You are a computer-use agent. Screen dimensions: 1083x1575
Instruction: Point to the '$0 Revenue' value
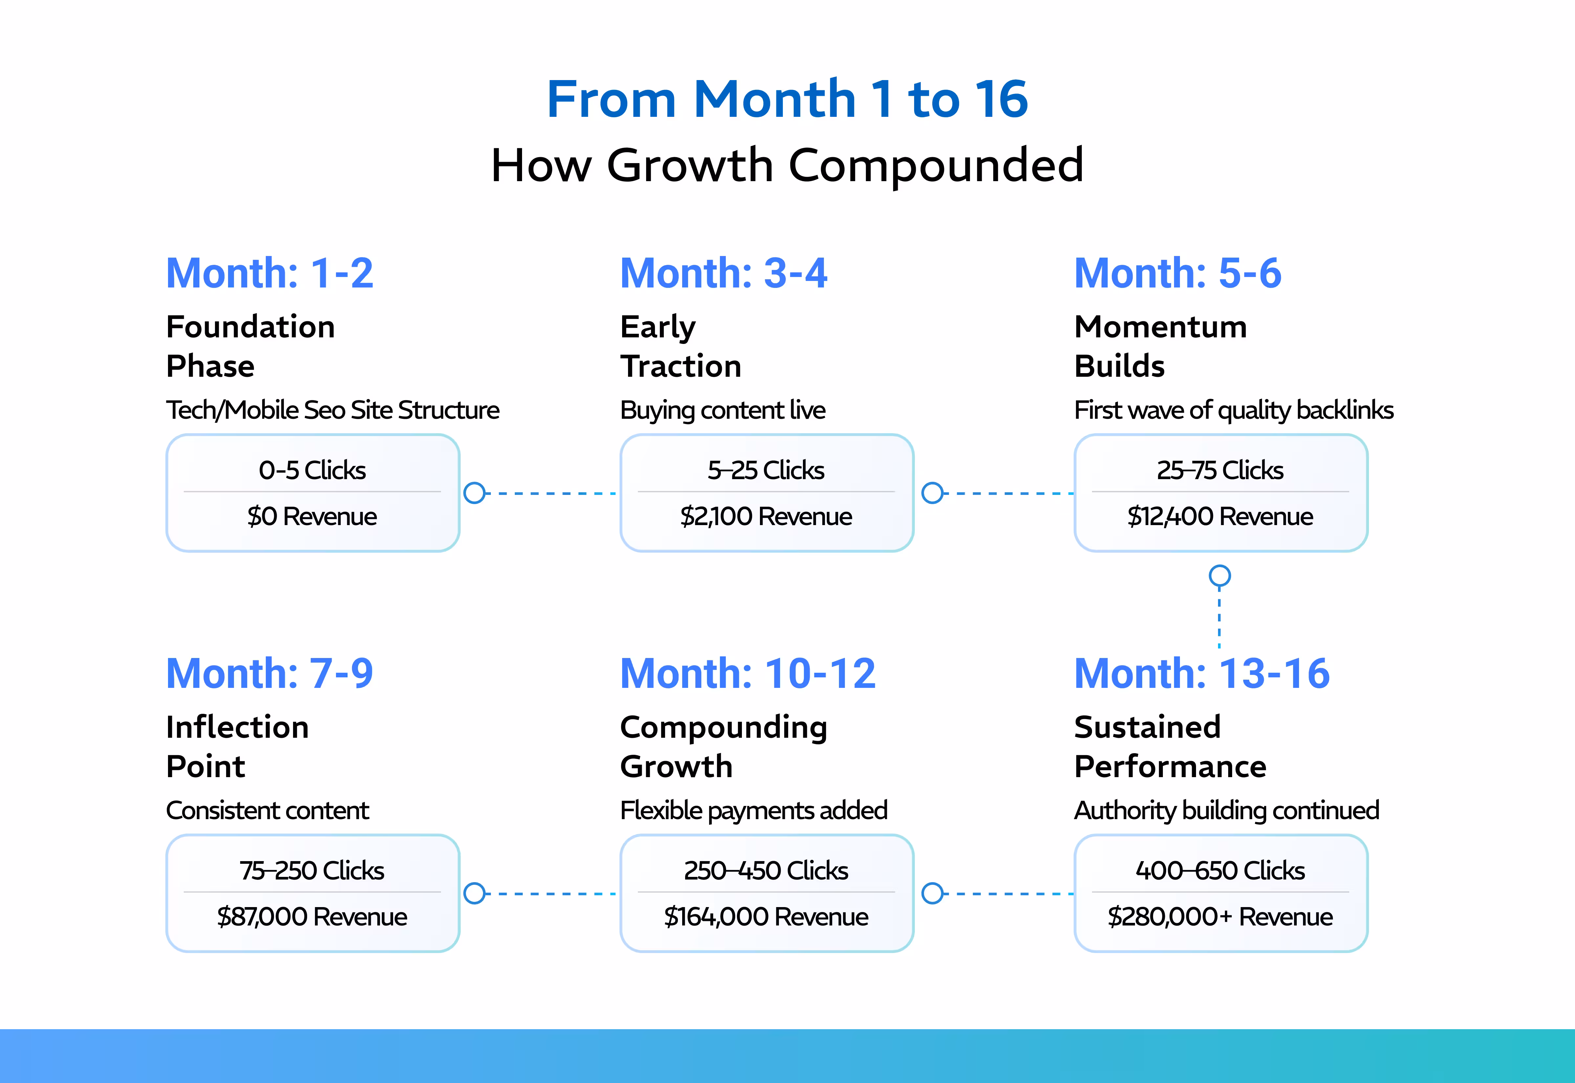click(312, 516)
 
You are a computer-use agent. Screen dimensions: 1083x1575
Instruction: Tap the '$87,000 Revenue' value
click(312, 917)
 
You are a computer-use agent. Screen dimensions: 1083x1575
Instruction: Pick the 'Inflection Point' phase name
click(238, 746)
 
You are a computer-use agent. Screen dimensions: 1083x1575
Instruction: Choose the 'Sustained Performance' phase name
click(1170, 746)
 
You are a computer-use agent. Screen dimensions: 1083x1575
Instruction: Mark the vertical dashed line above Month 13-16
click(1220, 621)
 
